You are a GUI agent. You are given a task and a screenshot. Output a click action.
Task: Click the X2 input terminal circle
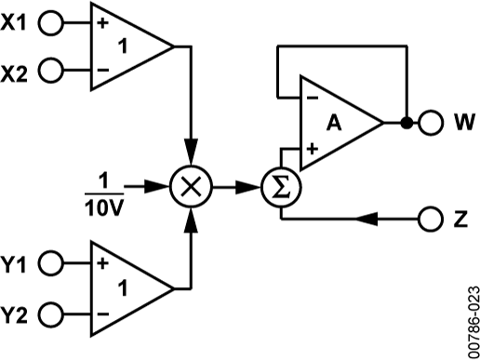[52, 69]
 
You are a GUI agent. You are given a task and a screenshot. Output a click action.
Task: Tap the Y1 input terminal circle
[52, 263]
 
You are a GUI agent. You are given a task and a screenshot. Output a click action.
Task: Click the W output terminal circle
[431, 122]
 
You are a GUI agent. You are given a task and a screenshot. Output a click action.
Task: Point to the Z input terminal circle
[431, 220]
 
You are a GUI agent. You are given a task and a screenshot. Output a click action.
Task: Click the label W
[463, 122]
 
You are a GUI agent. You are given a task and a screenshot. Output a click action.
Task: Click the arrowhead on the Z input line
[367, 220]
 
